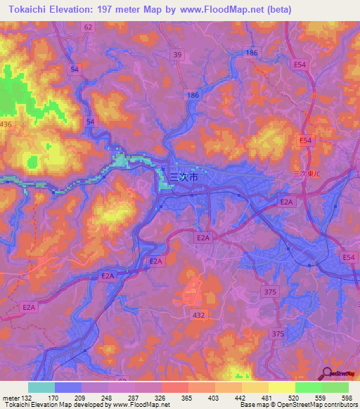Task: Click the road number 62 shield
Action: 88,27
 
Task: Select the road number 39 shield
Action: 177,55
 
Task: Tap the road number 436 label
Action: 6,124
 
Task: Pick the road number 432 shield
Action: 198,316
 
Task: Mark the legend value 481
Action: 268,398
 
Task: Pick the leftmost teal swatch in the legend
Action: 41,387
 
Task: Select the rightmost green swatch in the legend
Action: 335,387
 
